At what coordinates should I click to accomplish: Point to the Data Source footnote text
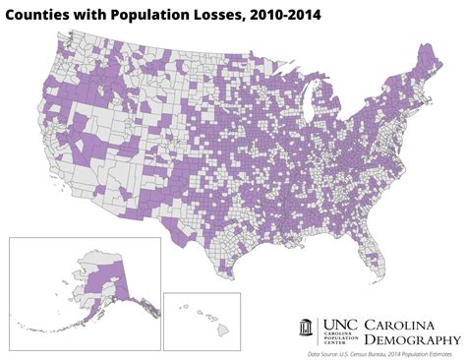(383, 353)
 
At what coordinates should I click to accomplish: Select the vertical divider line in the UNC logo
(360, 331)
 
